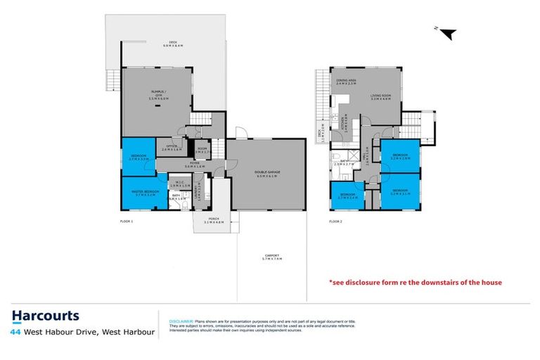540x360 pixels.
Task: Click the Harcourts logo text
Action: [46, 316]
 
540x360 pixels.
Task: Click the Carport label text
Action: [271, 257]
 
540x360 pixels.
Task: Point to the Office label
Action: [172, 148]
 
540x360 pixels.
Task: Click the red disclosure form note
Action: [416, 283]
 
